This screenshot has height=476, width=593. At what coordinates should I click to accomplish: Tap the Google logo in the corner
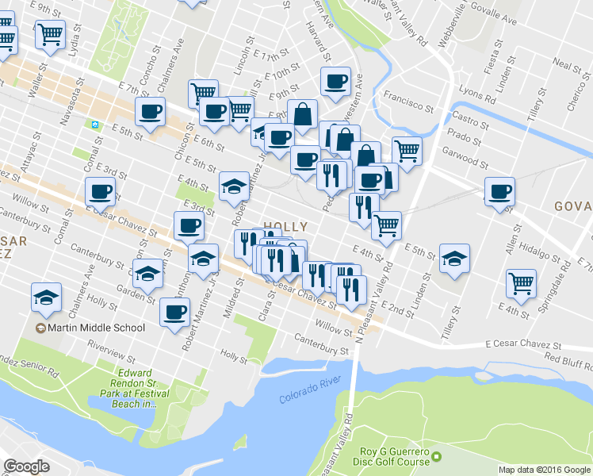click(x=26, y=466)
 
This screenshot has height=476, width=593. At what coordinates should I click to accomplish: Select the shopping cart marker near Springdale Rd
click(x=522, y=282)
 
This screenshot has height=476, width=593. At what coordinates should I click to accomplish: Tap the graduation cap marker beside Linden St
click(x=455, y=258)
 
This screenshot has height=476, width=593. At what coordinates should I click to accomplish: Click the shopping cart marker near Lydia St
click(x=51, y=34)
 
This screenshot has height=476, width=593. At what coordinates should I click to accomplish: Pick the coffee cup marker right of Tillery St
click(x=500, y=192)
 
